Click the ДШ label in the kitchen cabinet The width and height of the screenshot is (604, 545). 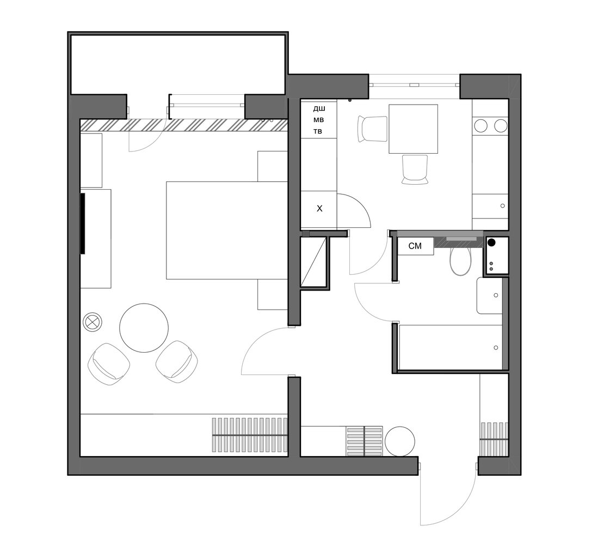pos(319,109)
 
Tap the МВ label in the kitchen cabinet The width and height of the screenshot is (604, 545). pos(318,120)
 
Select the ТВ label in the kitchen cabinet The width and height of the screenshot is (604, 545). pos(318,131)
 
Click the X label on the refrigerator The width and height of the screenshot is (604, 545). pos(319,209)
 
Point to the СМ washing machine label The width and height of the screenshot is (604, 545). pos(415,246)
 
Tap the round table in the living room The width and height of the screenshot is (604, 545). pos(144,328)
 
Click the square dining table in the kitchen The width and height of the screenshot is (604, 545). pos(414,129)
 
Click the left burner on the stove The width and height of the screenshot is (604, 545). pos(481,126)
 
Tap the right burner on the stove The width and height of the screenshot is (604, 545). pos(501,126)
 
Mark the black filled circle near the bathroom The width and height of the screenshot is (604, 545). pos(491,243)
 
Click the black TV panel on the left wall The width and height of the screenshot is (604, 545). pos(82,223)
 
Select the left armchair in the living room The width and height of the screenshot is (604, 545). pos(109,364)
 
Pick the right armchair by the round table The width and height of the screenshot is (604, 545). pos(177,362)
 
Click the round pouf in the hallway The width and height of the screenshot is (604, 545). pos(400,441)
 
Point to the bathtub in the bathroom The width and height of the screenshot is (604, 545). pos(451,347)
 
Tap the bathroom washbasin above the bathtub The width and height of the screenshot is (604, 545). pos(490,295)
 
